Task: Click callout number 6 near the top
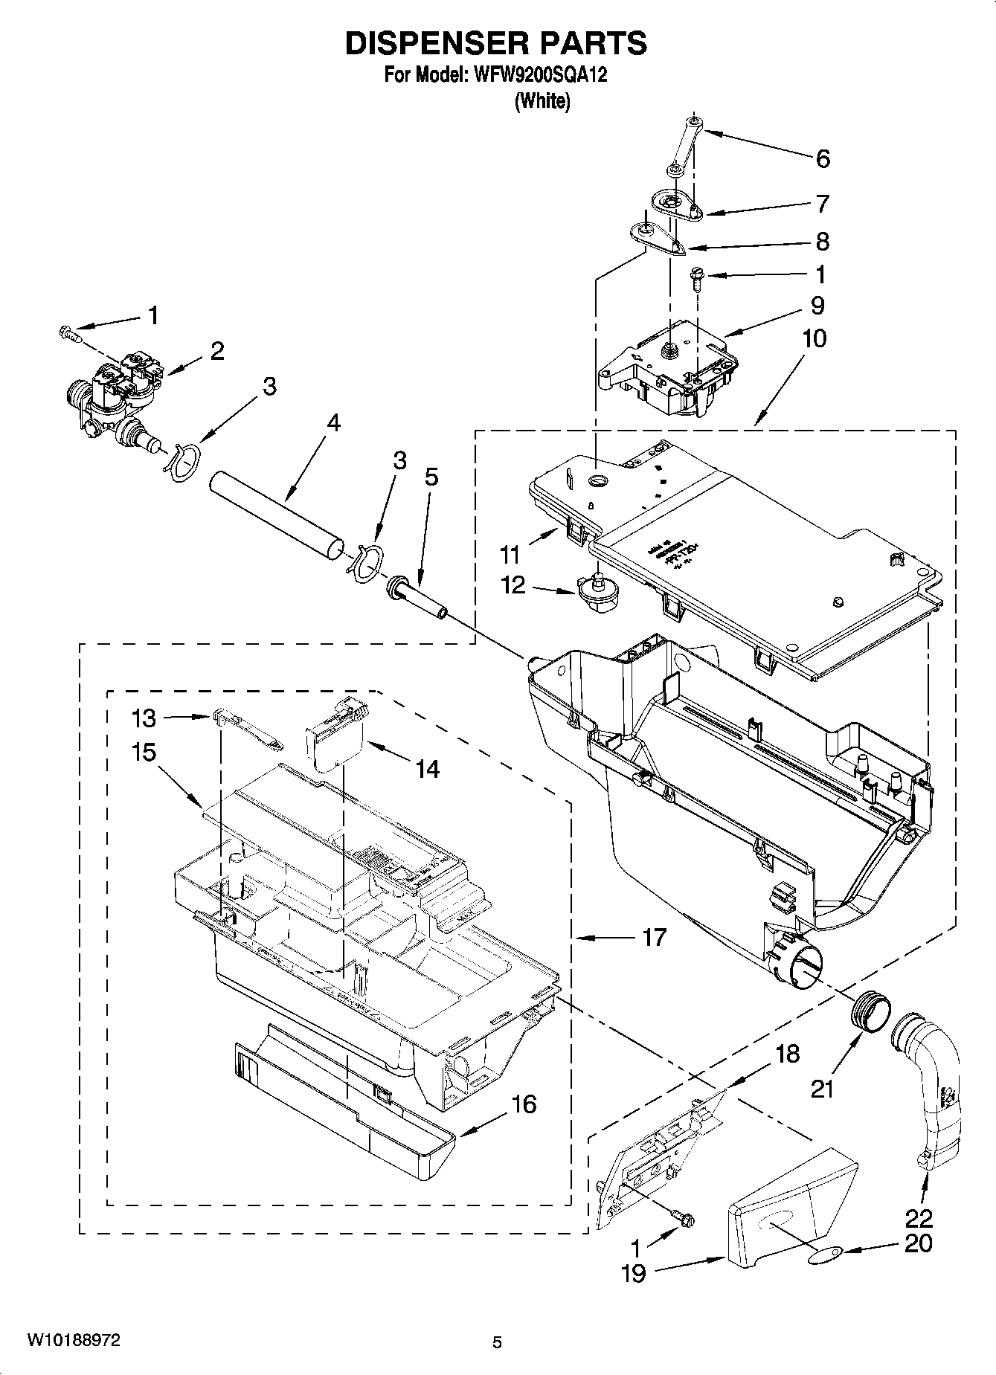(822, 158)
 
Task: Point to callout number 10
(815, 338)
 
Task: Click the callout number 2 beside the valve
(216, 350)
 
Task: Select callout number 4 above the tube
(333, 422)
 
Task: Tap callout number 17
(654, 937)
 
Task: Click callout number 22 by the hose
(919, 1219)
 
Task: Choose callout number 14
(427, 768)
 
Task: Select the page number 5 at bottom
(498, 1342)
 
